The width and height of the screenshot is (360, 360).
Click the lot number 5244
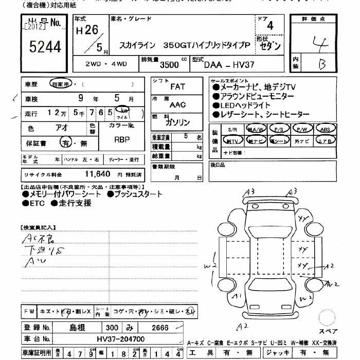click(45, 47)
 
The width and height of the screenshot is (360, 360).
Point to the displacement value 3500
click(170, 65)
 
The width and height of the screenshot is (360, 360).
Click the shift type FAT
click(177, 87)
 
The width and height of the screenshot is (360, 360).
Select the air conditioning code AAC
click(177, 104)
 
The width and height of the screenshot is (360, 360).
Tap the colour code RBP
click(122, 139)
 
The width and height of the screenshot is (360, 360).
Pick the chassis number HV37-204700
click(121, 339)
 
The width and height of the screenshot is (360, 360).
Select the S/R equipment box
click(232, 129)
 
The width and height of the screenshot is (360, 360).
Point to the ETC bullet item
click(34, 203)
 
